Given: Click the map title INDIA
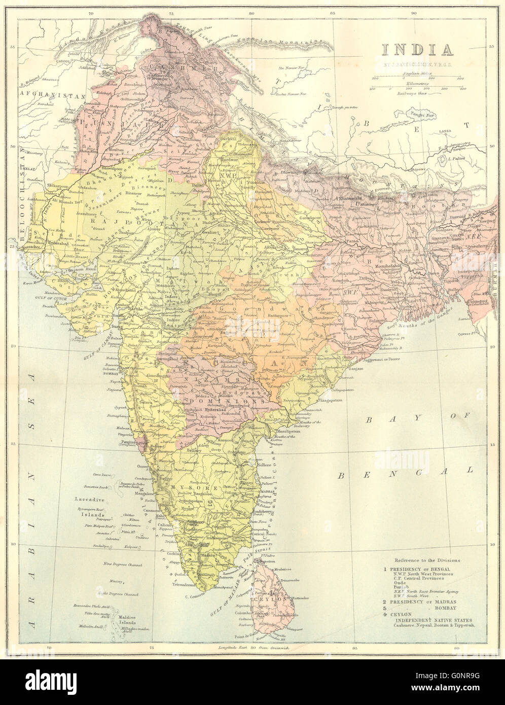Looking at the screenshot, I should click(x=417, y=50).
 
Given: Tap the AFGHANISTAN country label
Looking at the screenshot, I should click(x=45, y=94).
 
